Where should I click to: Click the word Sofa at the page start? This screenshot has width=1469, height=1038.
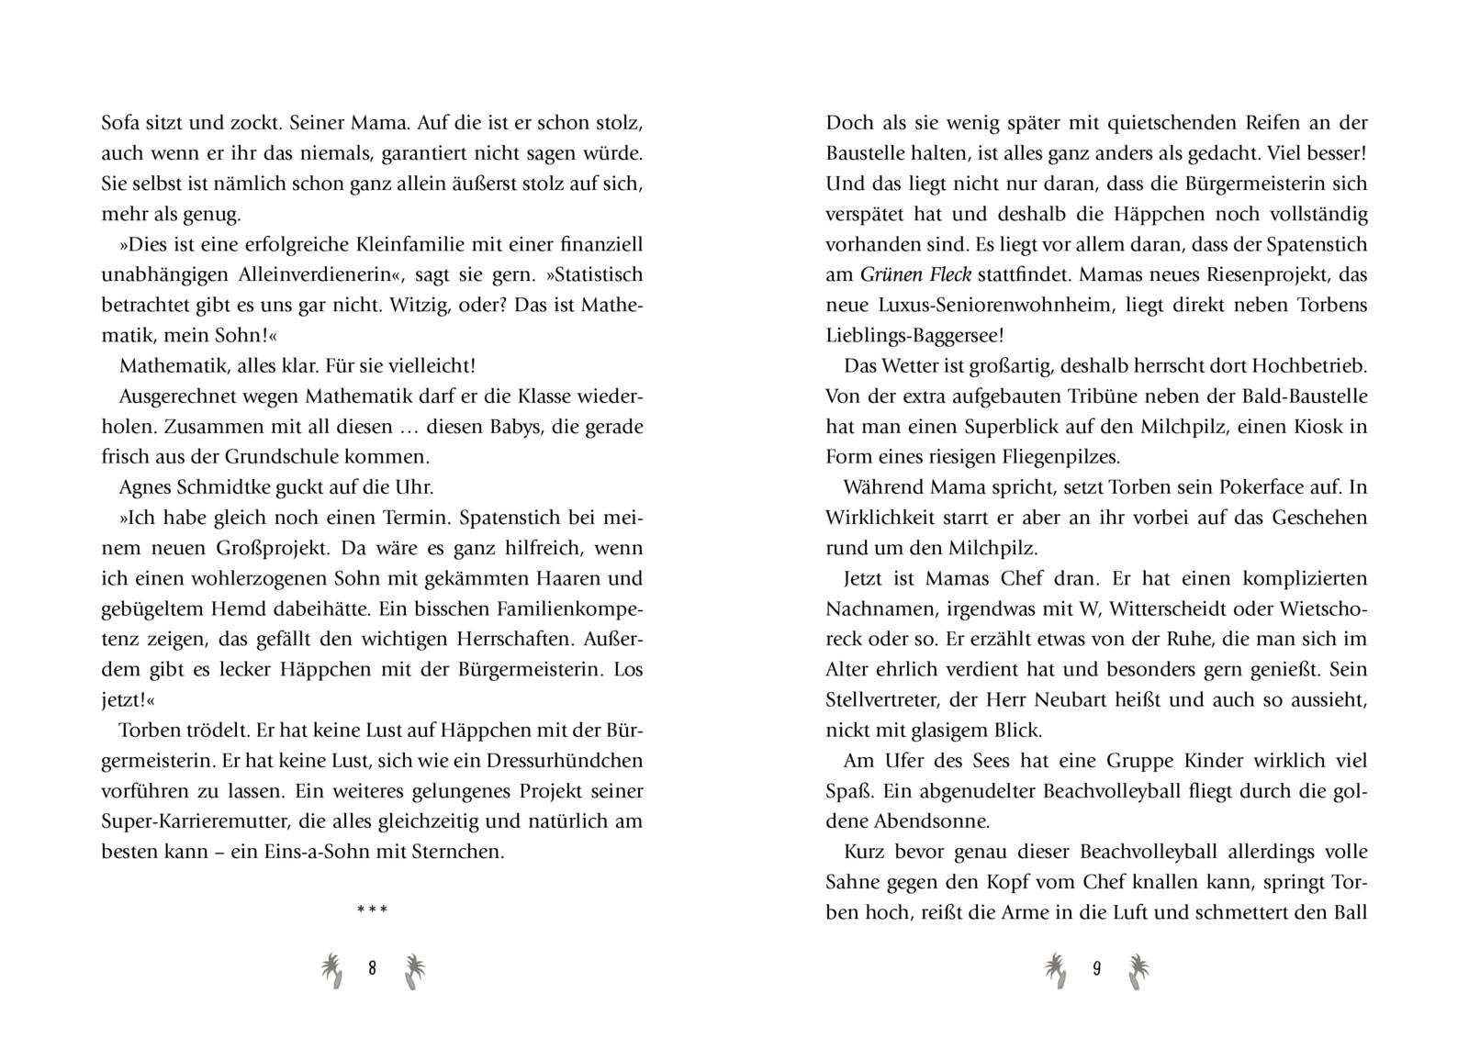(120, 123)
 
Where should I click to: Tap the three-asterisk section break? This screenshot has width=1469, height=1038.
(372, 910)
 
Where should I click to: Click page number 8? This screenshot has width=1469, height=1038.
(372, 968)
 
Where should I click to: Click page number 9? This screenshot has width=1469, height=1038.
(1096, 968)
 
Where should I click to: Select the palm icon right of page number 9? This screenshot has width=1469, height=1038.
(1138, 970)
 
